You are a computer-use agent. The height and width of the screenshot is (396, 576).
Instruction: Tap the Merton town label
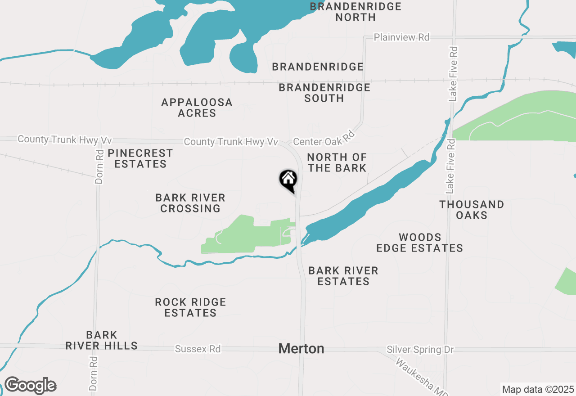tap(301, 348)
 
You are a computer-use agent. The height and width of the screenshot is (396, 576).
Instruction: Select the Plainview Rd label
tap(401, 37)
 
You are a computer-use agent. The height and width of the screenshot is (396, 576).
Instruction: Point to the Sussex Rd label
tap(198, 349)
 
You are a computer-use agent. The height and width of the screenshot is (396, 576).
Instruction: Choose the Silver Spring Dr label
tap(420, 350)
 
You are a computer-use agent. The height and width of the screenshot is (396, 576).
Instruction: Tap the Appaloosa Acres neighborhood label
tap(197, 108)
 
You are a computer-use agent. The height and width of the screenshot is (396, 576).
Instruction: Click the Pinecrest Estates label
tap(140, 158)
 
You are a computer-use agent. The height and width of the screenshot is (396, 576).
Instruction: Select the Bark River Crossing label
tap(190, 203)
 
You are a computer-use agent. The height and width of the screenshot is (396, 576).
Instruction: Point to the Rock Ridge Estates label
tap(190, 307)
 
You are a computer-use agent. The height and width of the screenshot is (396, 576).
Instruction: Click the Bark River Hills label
tap(101, 340)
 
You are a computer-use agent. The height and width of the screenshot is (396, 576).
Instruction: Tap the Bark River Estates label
tap(343, 276)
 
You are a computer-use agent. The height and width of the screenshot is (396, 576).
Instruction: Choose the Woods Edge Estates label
tap(419, 243)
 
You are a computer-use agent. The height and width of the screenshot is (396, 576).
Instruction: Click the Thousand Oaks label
tap(472, 210)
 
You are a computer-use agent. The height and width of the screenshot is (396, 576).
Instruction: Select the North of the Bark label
tap(337, 162)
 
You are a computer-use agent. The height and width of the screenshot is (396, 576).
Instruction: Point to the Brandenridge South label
tap(324, 92)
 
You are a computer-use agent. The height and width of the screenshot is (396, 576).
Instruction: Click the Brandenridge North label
tap(355, 12)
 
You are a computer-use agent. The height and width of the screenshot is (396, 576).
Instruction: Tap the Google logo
tap(30, 386)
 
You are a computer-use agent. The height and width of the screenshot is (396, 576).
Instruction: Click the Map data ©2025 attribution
tap(538, 389)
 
